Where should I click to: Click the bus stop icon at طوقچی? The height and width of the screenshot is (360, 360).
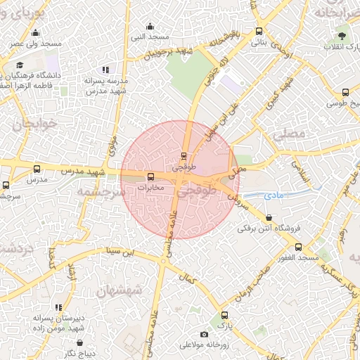pyautogui.click(x=184, y=156)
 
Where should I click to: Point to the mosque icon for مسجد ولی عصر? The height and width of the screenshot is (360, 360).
pyautogui.click(x=34, y=32)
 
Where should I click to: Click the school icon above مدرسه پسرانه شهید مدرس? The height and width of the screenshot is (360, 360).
pyautogui.click(x=105, y=70)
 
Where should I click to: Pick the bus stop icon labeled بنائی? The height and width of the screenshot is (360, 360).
pyautogui.click(x=259, y=30)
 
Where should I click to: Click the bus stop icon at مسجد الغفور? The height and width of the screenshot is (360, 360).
pyautogui.click(x=298, y=247)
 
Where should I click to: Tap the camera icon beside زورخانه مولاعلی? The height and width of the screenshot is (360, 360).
pyautogui.click(x=204, y=334)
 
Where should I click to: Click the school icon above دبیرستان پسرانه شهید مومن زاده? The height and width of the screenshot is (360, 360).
pyautogui.click(x=58, y=307)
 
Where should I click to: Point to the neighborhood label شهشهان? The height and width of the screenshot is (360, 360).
pyautogui.click(x=120, y=288)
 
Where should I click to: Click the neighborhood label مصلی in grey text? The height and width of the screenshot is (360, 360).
pyautogui.click(x=288, y=134)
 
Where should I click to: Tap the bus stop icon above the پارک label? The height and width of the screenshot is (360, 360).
pyautogui.click(x=224, y=316)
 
